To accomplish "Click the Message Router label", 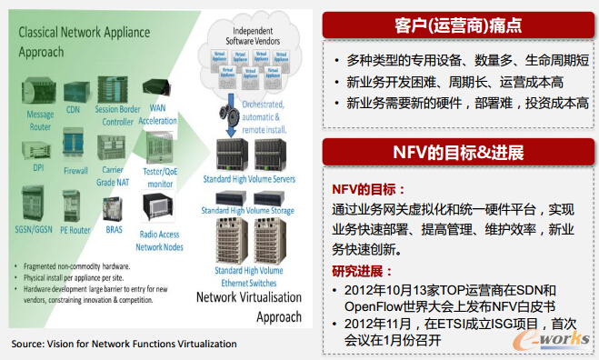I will click(x=39, y=120).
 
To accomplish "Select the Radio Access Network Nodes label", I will click(x=159, y=240).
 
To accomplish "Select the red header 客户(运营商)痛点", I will click(x=459, y=25).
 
